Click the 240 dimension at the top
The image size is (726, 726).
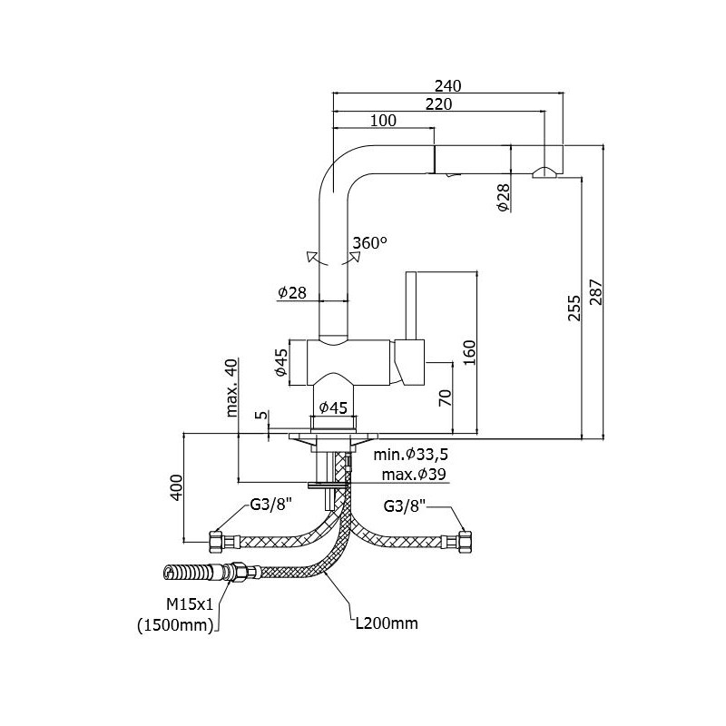pos(447,86)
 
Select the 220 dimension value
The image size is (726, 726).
pos(438,104)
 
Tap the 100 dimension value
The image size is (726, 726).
pos(383,121)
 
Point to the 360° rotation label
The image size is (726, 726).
pos(370,242)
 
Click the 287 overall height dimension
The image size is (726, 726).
pos(596,291)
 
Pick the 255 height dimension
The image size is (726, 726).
pos(574,308)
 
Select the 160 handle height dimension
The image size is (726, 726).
pos(469,353)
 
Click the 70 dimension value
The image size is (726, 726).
pos(445,398)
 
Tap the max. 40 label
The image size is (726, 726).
pos(231,388)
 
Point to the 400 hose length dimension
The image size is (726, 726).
pos(177,487)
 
